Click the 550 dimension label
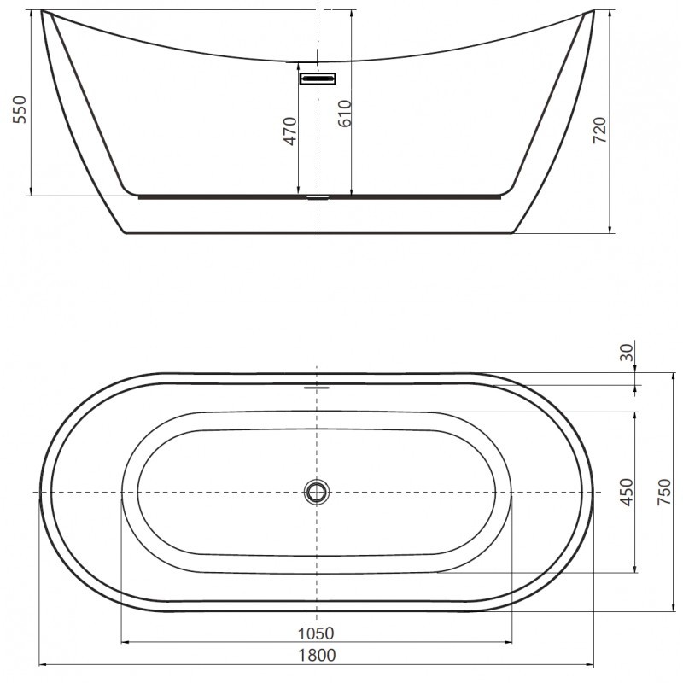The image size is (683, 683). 21,110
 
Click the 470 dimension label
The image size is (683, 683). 289,131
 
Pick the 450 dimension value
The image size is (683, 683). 627,493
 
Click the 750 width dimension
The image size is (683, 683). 663,493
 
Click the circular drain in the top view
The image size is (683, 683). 317,492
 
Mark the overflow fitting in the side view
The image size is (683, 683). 318,79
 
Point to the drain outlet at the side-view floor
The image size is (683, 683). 318,196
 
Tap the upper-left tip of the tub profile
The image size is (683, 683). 43,12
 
